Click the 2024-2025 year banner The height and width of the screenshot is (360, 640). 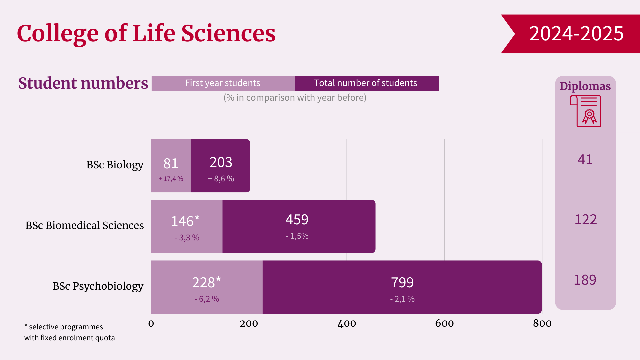(x=576, y=34)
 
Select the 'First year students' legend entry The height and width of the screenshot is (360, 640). (x=223, y=83)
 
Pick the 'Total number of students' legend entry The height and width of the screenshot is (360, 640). (x=365, y=83)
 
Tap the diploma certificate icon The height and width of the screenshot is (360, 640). (x=586, y=111)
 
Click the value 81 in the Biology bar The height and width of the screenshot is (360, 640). (x=171, y=164)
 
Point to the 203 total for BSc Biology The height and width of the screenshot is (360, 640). (x=221, y=162)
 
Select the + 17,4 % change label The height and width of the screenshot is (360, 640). (x=171, y=179)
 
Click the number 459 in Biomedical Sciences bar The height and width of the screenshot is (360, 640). (x=297, y=220)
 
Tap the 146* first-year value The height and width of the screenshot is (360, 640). (x=185, y=221)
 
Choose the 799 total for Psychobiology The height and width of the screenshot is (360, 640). (x=402, y=283)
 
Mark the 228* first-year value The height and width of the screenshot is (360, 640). (x=206, y=283)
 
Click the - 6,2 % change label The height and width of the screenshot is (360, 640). (x=207, y=299)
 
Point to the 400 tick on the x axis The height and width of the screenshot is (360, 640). (x=347, y=323)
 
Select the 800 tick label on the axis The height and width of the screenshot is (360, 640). (x=542, y=323)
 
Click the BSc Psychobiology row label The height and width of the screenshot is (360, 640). (x=98, y=286)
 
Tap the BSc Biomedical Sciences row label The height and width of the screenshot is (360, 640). (x=85, y=225)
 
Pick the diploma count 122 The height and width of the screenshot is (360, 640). (x=585, y=220)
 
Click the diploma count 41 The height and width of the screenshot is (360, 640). (x=585, y=160)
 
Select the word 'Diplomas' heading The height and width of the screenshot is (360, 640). (x=585, y=86)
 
